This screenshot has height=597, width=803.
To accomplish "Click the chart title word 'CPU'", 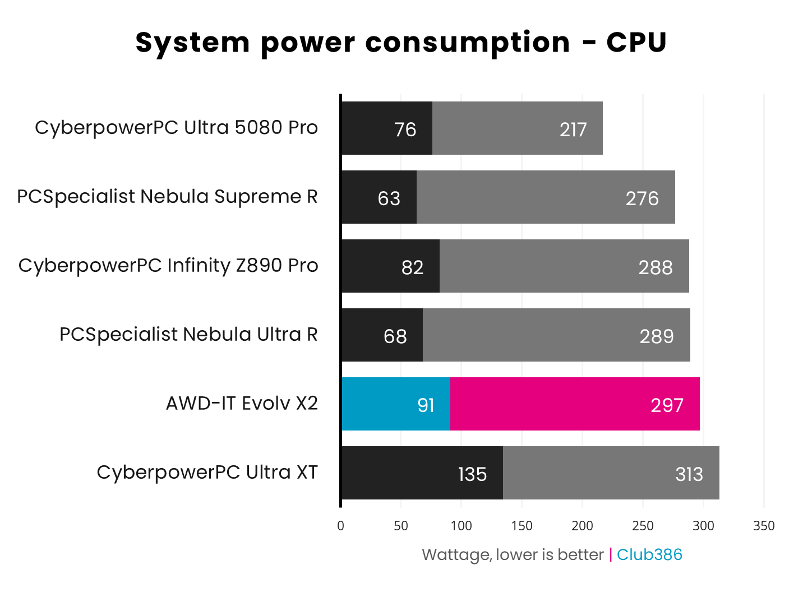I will tap(636, 43).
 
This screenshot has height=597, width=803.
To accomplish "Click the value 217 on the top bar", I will tap(573, 129).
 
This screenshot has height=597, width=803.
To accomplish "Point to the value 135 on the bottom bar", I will tap(472, 474).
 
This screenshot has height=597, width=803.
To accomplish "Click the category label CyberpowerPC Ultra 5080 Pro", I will tap(176, 128).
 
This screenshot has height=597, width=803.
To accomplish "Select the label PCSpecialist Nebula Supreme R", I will tap(167, 197).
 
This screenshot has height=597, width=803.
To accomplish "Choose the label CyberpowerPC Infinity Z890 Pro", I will tap(168, 266).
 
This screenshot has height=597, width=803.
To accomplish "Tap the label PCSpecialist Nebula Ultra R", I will tap(188, 335).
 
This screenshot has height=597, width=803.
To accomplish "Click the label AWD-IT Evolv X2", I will tap(242, 404).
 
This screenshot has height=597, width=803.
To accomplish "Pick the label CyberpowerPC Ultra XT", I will tap(207, 473).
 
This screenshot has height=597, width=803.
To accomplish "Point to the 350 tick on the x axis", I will tap(764, 526).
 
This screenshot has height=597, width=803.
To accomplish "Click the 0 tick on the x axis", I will tap(340, 526).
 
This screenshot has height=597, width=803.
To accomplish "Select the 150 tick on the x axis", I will tap(522, 526).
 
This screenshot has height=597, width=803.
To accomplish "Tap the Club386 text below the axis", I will tap(649, 555).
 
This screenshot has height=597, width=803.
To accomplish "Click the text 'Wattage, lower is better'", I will tap(513, 555).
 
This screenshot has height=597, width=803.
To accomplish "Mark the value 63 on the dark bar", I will tap(389, 198).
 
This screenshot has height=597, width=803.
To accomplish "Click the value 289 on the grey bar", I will tap(656, 336).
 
